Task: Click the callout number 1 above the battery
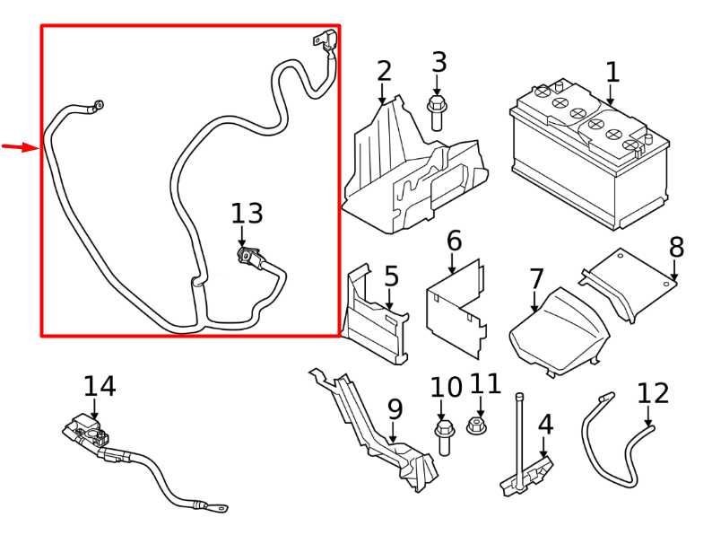click(x=612, y=73)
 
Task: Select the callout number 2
click(x=384, y=71)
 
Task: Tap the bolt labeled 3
click(x=438, y=114)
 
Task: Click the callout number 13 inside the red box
click(x=247, y=214)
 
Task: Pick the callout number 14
click(x=100, y=387)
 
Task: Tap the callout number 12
click(x=653, y=393)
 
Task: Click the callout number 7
click(x=536, y=279)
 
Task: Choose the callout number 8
click(x=676, y=247)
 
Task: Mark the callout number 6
click(x=454, y=241)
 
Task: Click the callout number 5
click(x=391, y=276)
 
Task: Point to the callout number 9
click(x=395, y=410)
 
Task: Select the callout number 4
click(x=545, y=425)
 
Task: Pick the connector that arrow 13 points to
click(x=247, y=257)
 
